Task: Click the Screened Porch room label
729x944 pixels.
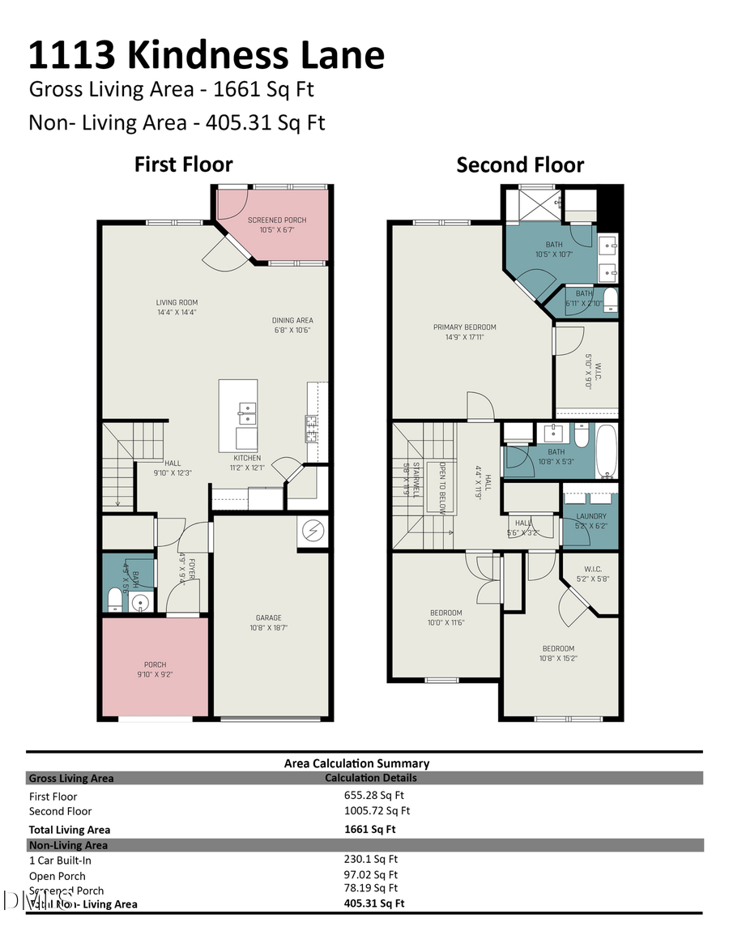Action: point(277,220)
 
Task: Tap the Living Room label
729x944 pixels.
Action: point(177,303)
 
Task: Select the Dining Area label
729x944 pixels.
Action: point(292,320)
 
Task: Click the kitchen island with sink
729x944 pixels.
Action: point(238,416)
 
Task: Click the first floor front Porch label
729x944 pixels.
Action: point(155,664)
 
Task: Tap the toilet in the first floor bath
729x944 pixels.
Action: point(115,599)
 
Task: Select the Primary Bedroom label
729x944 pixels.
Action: point(464,327)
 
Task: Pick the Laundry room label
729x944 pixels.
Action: point(590,516)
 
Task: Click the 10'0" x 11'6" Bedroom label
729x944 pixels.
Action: point(446,613)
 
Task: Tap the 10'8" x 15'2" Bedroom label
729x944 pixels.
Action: point(557,648)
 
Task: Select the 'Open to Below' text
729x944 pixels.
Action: point(441,483)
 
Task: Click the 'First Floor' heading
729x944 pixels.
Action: point(183,164)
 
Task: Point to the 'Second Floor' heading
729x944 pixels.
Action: point(520,165)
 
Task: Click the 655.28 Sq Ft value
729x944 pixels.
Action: point(377,796)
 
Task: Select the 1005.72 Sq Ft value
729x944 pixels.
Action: point(377,810)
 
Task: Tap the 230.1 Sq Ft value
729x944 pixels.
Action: point(371,859)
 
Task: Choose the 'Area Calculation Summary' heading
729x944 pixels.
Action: point(356,763)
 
